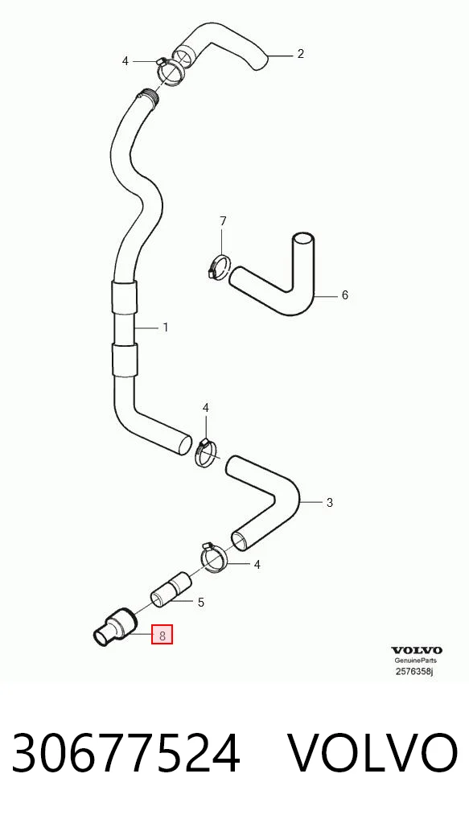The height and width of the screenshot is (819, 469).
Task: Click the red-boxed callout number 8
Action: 162,635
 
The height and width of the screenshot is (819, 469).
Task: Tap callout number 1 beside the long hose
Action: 166,328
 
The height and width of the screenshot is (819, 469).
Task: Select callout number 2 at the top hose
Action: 300,54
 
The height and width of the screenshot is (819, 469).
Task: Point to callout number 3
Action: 330,503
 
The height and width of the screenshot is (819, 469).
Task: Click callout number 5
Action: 201,603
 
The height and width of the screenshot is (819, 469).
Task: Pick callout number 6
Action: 344,295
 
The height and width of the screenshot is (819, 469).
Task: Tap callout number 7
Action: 223,221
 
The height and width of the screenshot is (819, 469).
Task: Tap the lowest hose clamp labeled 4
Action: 215,557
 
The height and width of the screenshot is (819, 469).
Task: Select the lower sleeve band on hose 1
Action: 125,360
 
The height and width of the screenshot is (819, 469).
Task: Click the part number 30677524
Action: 125,753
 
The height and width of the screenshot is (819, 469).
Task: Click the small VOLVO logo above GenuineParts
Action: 417,650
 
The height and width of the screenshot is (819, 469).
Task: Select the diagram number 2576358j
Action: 414,671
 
